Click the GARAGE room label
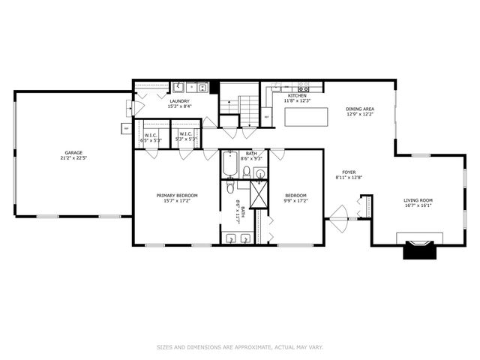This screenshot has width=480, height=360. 73,152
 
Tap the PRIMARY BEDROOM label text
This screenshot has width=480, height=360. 176,195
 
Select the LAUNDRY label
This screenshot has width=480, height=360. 178,100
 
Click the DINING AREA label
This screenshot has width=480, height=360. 360,109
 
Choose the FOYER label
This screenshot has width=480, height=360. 349,172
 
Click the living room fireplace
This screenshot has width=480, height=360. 419,248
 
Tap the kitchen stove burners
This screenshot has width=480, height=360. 303,86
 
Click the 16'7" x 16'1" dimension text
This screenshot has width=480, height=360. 418,205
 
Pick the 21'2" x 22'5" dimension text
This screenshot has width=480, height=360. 73,158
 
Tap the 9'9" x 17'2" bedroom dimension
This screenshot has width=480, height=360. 295,201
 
